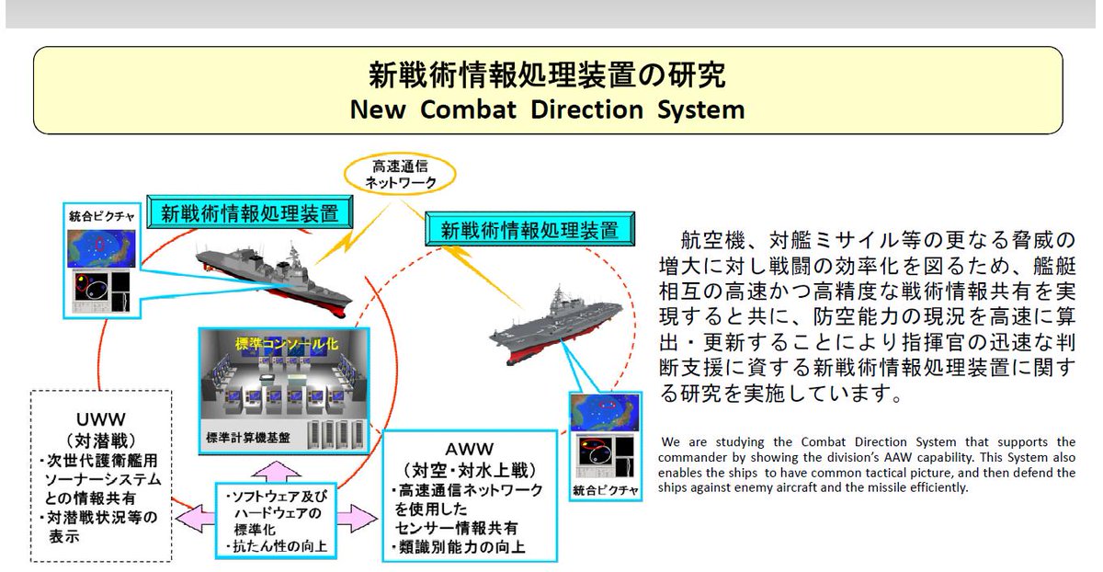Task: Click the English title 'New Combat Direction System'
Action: click(547, 109)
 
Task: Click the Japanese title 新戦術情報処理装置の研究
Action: click(547, 74)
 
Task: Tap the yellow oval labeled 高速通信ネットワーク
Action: click(399, 174)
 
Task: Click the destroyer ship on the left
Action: click(276, 276)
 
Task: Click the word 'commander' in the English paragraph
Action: click(702, 457)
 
